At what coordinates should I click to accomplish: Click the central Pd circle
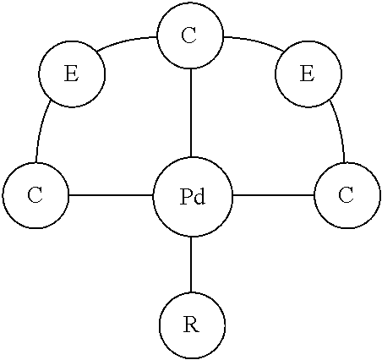pos(192,197)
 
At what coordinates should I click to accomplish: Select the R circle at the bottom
pos(192,325)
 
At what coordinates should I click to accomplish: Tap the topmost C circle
pos(190,36)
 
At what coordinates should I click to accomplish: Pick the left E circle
pos(72,74)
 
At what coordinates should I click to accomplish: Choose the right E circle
pos(308,74)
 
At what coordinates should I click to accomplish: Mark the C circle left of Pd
pos(35,195)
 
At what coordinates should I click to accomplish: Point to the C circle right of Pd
pos(346,195)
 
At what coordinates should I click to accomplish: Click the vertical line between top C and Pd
pos(192,113)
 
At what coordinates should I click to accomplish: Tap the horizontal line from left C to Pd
pos(111,195)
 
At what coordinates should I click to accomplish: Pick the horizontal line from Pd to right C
pos(272,195)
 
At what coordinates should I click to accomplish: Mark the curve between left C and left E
pos(41,132)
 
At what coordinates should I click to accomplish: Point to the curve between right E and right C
pos(340,131)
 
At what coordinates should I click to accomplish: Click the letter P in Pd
pos(186,197)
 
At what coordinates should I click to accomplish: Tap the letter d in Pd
pos(199,197)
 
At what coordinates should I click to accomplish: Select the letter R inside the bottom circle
pos(192,325)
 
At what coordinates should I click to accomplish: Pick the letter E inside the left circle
pos(72,74)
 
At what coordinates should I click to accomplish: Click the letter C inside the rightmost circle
pos(346,195)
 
